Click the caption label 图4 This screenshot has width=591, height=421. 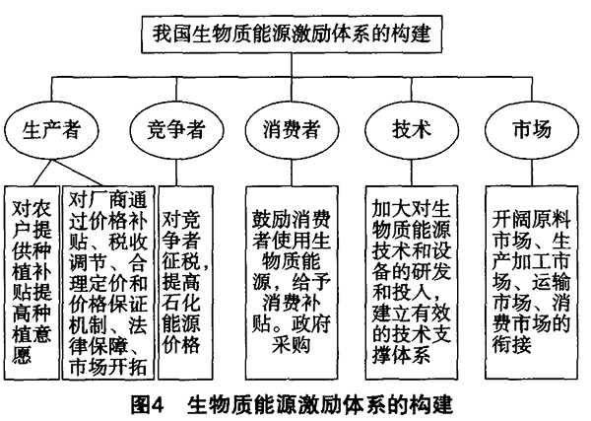pos(148,405)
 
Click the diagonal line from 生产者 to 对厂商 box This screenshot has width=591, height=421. pos(78,173)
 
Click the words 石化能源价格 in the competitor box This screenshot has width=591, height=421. pos(181,323)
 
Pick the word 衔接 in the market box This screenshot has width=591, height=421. pos(512,344)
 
